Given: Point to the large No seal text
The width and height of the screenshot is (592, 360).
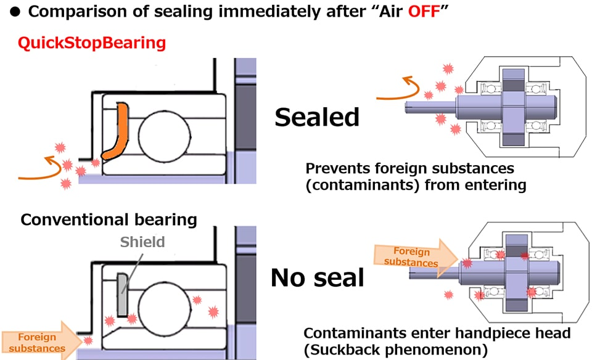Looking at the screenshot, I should tap(317, 279).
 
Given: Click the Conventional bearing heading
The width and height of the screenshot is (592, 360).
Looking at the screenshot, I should tap(109, 219).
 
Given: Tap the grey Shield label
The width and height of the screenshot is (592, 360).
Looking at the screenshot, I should tap(142, 242).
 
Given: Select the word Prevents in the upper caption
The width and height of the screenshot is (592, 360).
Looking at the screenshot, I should tap(337, 168).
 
